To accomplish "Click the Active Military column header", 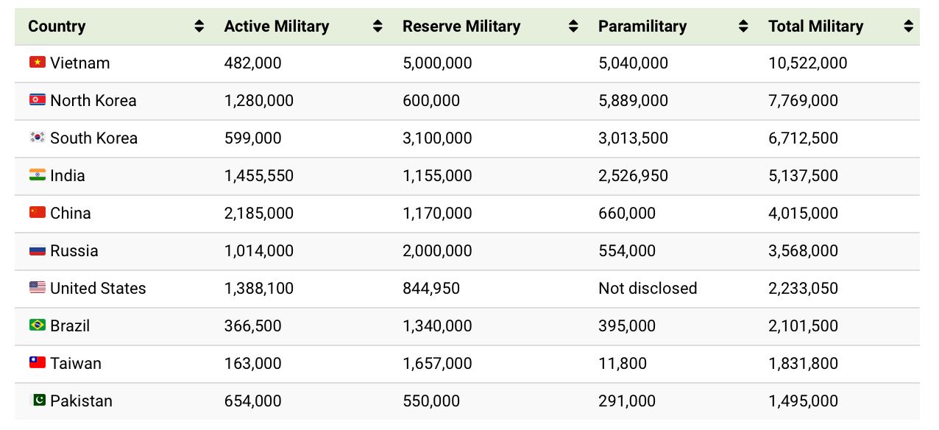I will (x=276, y=27).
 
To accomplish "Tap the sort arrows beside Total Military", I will (x=908, y=27).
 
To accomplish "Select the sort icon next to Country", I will (x=199, y=27).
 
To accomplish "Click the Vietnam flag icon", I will (x=38, y=63).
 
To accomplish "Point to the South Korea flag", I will (x=38, y=138).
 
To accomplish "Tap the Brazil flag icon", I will (x=38, y=325).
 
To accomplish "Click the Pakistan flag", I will (x=38, y=401).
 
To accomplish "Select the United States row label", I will (x=98, y=288).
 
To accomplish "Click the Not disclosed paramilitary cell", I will (x=648, y=288).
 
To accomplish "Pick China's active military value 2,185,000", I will (x=258, y=213).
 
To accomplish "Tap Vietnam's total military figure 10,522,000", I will (x=807, y=63).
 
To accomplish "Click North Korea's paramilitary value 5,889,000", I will (x=633, y=100).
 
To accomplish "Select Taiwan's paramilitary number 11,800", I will (x=623, y=363).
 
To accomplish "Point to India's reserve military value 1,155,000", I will (x=437, y=175).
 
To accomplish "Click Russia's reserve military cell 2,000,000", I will (x=437, y=250).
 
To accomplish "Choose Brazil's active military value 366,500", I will (x=252, y=325).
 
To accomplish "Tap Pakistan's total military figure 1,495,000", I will (x=803, y=401).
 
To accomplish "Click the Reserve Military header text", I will (x=461, y=27).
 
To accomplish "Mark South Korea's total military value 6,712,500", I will (x=803, y=138).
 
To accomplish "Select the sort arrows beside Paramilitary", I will (x=743, y=27).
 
